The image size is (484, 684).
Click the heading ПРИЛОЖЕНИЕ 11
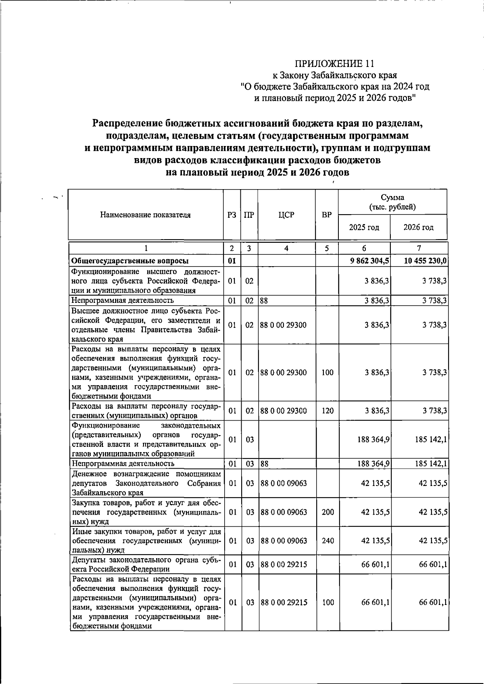[x=334, y=63]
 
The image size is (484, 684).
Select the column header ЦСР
[x=286, y=215]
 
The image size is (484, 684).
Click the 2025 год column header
[x=364, y=227]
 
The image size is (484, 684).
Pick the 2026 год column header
[x=418, y=227]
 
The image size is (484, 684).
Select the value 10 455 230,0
[x=425, y=261]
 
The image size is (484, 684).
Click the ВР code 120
[x=327, y=411]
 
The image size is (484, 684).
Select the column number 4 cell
[x=286, y=249]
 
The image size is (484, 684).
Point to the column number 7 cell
[x=419, y=249]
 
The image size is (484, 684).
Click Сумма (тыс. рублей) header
[x=392, y=202]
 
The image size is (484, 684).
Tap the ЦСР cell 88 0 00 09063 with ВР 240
[x=284, y=541]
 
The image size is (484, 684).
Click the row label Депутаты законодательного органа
[x=146, y=564]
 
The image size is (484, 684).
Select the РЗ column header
[x=232, y=215]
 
